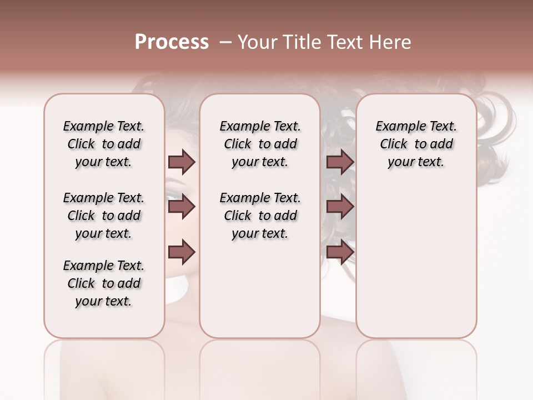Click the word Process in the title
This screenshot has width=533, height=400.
[x=172, y=42]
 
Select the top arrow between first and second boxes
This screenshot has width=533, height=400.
[x=182, y=162]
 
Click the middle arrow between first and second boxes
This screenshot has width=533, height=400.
[x=182, y=207]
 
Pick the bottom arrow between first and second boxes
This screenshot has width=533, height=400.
[x=182, y=252]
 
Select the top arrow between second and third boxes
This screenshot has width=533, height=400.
[x=340, y=162]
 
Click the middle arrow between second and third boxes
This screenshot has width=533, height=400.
[x=340, y=207]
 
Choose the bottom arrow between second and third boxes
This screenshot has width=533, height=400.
[x=340, y=252]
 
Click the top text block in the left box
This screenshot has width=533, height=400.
[x=104, y=144]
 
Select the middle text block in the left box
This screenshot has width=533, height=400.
[x=104, y=216]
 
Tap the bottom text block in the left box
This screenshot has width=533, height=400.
[x=104, y=283]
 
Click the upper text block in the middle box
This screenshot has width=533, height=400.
[x=260, y=144]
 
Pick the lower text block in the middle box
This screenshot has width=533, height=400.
[x=260, y=216]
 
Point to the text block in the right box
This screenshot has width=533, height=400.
[x=416, y=144]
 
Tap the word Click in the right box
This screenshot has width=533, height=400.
[x=394, y=144]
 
